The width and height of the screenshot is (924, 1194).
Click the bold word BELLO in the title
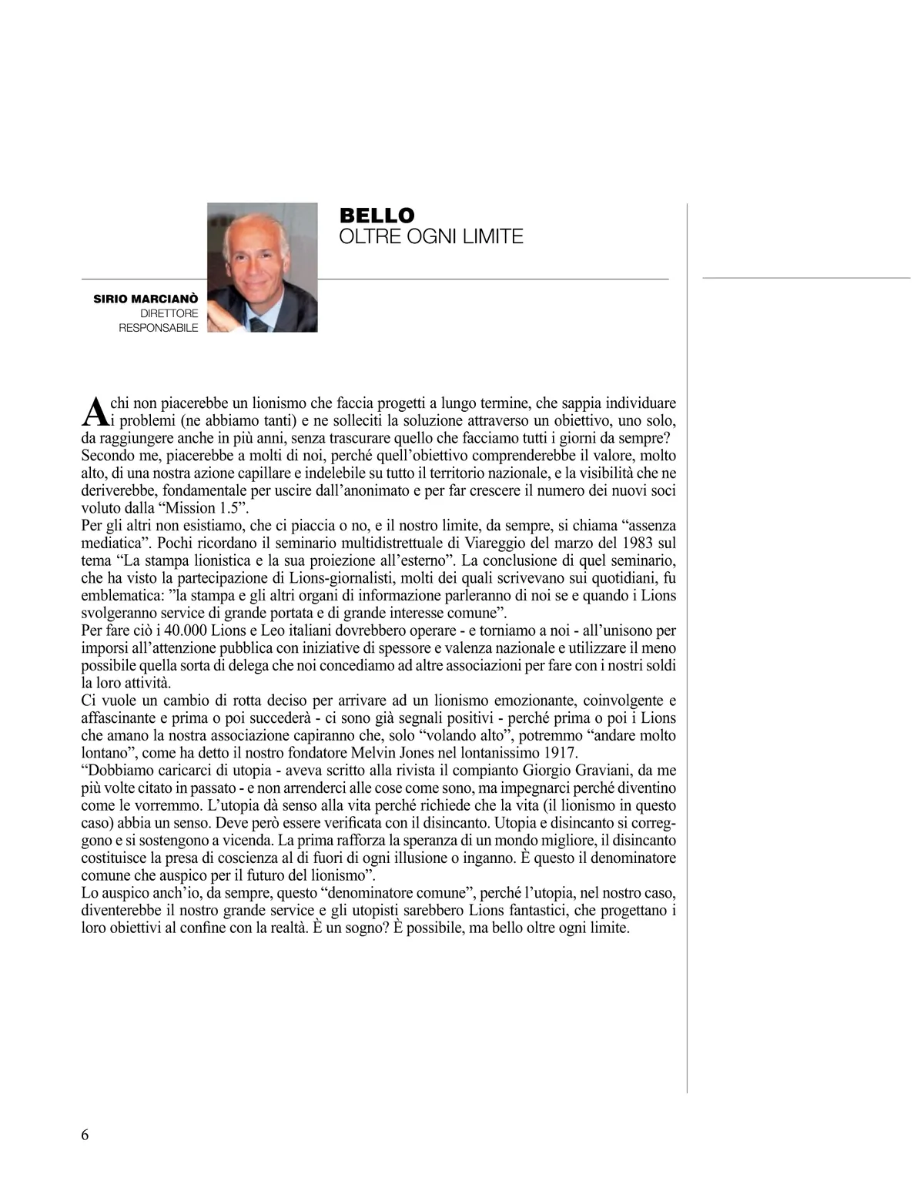(x=377, y=216)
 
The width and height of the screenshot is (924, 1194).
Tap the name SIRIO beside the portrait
(x=110, y=299)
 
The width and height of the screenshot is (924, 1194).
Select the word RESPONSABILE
(x=158, y=328)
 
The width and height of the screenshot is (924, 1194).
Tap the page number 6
(x=85, y=1135)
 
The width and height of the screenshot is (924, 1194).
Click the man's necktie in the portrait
(x=259, y=324)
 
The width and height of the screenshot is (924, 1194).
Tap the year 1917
(x=561, y=753)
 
